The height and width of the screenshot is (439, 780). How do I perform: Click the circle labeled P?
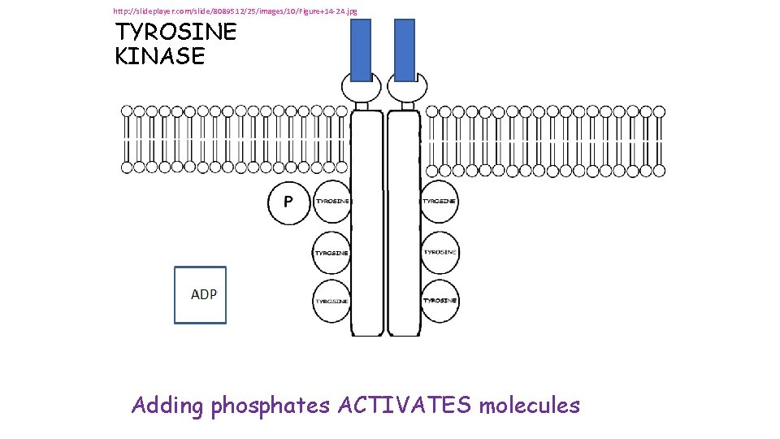pyautogui.click(x=288, y=202)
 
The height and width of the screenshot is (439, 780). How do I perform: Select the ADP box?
pyautogui.click(x=201, y=295)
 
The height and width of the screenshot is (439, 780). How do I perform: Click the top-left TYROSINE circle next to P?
pyautogui.click(x=331, y=202)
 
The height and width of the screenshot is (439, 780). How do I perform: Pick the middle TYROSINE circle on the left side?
pyautogui.click(x=331, y=252)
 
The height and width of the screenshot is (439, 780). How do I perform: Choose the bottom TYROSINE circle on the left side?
pyautogui.click(x=331, y=301)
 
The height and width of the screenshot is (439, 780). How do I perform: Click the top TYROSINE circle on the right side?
pyautogui.click(x=440, y=202)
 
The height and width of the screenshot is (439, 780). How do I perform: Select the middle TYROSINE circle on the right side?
pyautogui.click(x=440, y=252)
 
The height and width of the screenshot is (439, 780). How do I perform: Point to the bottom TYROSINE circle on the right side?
pyautogui.click(x=440, y=301)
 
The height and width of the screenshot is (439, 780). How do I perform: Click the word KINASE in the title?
pyautogui.click(x=160, y=57)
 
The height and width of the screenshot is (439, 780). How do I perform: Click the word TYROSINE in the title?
pyautogui.click(x=175, y=33)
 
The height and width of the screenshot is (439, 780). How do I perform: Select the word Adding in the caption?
pyautogui.click(x=167, y=405)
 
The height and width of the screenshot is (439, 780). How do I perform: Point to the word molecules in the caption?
pyautogui.click(x=530, y=405)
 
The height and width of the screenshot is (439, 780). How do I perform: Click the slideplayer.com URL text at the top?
pyautogui.click(x=235, y=11)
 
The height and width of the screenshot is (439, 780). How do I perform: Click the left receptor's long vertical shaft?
pyautogui.click(x=366, y=244)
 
